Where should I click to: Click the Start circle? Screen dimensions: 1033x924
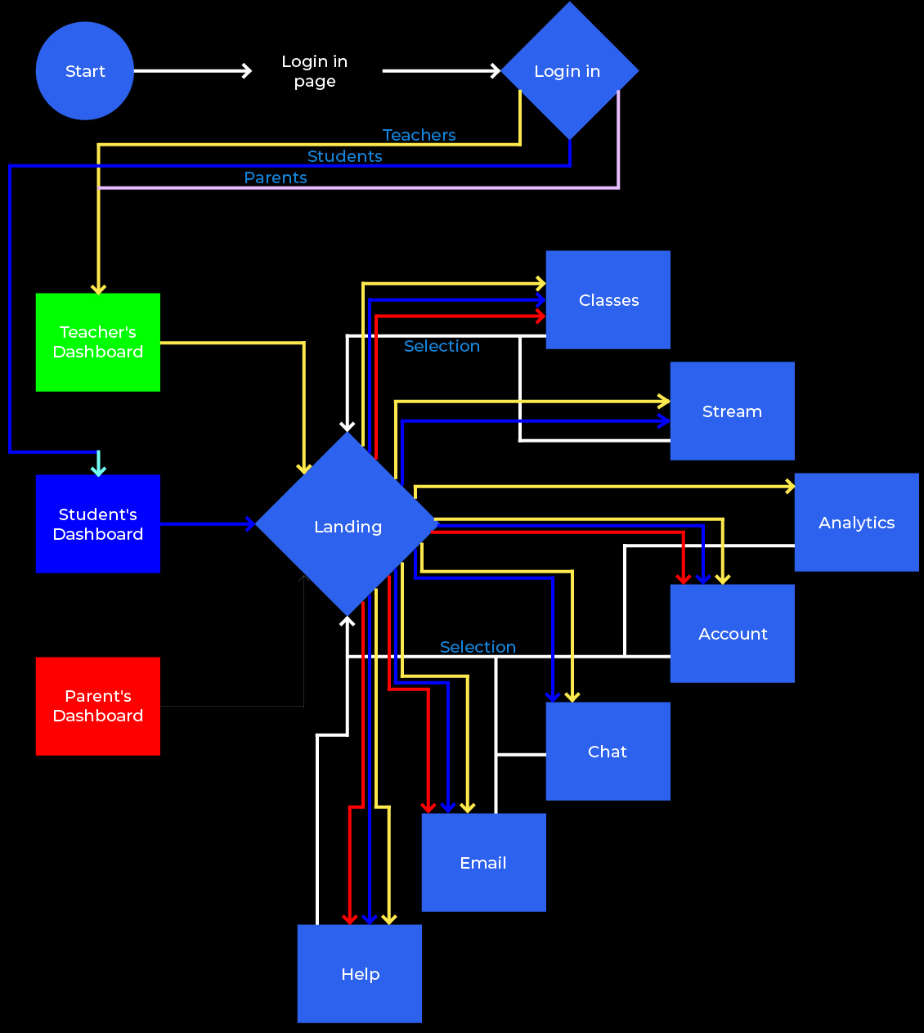click(x=84, y=71)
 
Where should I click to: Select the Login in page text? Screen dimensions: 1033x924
click(x=315, y=72)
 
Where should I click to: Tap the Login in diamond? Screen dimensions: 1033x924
click(x=569, y=71)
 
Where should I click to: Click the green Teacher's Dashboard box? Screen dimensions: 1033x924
click(x=98, y=342)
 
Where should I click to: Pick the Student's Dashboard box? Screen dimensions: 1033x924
click(x=98, y=524)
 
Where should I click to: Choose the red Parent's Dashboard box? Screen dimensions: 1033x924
click(x=98, y=706)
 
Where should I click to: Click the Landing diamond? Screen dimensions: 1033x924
click(x=348, y=526)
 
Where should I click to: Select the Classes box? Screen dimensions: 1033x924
click(x=608, y=300)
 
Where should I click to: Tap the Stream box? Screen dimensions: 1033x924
click(x=732, y=411)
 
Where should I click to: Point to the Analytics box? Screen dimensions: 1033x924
click(x=856, y=523)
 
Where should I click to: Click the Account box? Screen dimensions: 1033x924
click(x=732, y=634)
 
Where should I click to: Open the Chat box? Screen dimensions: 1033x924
click(x=608, y=752)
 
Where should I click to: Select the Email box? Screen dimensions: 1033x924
click(x=483, y=863)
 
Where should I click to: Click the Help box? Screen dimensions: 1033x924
click(x=360, y=974)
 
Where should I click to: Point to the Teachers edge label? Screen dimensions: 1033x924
click(x=419, y=135)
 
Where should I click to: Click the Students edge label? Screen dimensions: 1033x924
click(x=344, y=156)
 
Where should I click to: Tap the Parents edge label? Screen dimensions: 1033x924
click(x=276, y=177)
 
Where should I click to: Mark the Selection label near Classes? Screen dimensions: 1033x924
click(x=442, y=346)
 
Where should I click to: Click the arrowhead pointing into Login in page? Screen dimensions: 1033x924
click(x=246, y=71)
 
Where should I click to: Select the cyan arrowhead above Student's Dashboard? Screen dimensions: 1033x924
click(x=98, y=469)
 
